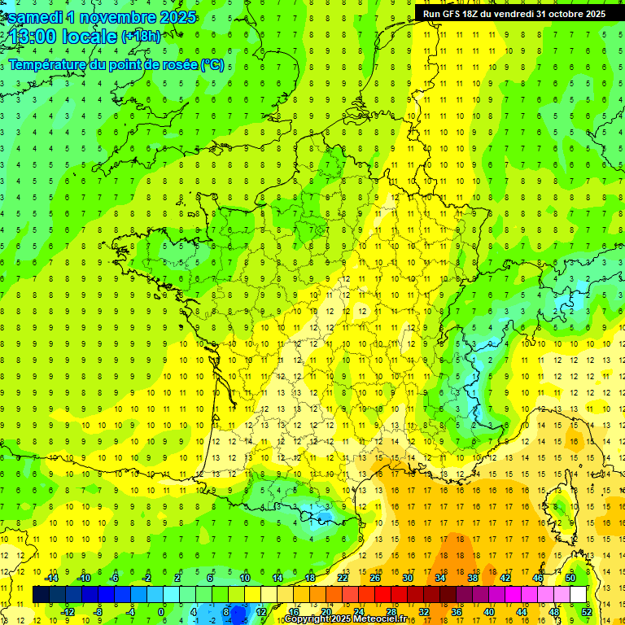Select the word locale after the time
pos(91,37)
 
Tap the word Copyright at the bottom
pos(308,619)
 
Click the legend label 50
pos(570,578)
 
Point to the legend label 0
pos(161,612)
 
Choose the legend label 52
pos(587,612)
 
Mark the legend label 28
pos(391,612)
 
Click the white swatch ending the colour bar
pos(579,595)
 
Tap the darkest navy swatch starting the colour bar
pos(41,595)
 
